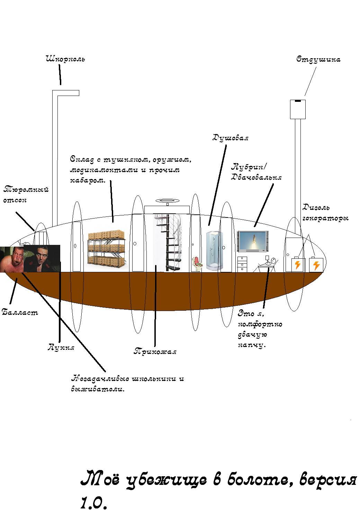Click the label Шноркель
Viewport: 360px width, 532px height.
click(65, 59)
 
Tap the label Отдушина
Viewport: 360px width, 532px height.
click(318, 60)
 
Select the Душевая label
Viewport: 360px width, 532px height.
click(230, 138)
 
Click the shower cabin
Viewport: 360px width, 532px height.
click(214, 251)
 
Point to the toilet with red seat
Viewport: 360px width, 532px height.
click(198, 264)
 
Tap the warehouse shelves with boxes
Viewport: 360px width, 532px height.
click(107, 251)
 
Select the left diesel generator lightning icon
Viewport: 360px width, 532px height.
click(298, 265)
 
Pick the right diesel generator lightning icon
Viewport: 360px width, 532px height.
click(316, 265)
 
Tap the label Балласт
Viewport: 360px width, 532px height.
click(20, 312)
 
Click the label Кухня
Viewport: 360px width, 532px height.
click(61, 347)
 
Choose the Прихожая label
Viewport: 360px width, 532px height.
click(155, 352)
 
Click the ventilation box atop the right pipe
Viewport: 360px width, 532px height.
click(297, 109)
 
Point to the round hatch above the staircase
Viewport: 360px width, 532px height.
click(167, 201)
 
